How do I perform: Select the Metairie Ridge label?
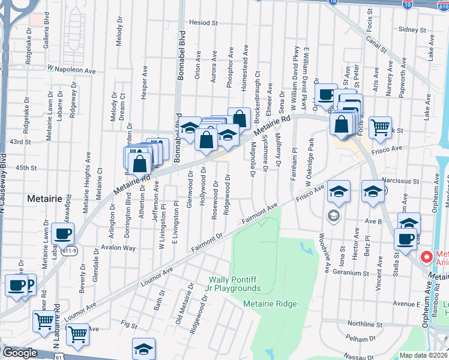pyautogui.click(x=270, y=304)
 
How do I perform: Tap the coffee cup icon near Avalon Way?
pyautogui.click(x=62, y=234)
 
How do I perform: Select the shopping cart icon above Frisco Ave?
pyautogui.click(x=380, y=127)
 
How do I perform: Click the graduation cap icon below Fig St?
pyautogui.click(x=144, y=349)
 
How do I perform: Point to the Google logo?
pyautogui.click(x=20, y=353)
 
